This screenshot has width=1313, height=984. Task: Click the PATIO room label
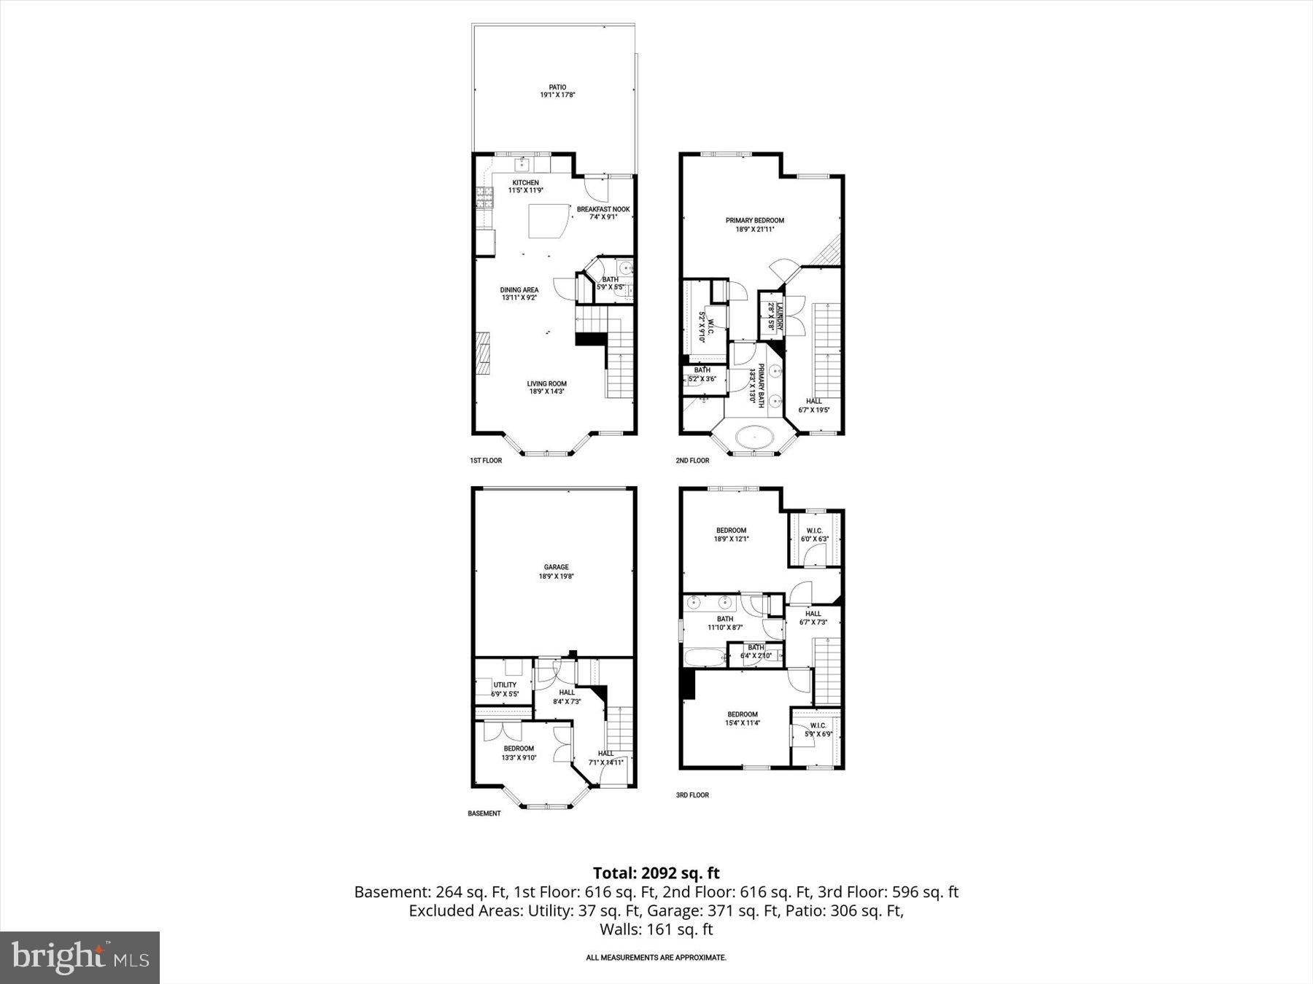point(557,87)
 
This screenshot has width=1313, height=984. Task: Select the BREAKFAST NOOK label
point(603,209)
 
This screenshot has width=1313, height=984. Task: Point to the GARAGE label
point(556,567)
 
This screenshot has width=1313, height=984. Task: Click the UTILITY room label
point(505,685)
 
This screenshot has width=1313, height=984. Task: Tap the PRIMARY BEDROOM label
point(754,221)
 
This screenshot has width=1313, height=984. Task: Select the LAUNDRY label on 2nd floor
point(779,317)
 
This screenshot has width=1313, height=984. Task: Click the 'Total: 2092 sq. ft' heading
point(656,872)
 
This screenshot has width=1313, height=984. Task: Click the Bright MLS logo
point(80,957)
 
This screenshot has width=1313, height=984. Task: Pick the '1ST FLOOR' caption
point(486,461)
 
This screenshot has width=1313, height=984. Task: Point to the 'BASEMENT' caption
point(484,813)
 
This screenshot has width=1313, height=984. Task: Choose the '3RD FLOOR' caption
point(692,795)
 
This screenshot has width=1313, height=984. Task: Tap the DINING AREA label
point(519,290)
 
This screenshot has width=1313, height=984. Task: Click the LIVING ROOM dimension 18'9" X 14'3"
point(547,391)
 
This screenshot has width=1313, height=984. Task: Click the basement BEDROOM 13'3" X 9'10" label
point(519,749)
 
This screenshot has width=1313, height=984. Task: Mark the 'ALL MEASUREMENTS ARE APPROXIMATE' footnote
point(656,958)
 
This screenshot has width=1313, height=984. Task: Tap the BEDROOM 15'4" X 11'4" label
point(742,714)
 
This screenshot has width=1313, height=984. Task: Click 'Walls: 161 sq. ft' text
point(656,929)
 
